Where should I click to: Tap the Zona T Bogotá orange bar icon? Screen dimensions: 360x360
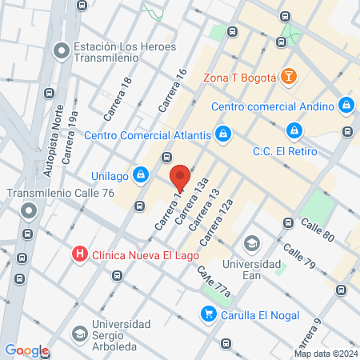tap(289, 77)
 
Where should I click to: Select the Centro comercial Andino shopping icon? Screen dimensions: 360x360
tap(346, 105)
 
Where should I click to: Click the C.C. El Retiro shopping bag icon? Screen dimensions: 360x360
tap(294, 130)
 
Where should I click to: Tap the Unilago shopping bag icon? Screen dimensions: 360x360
tap(141, 173)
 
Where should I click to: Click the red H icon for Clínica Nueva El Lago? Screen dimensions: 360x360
tap(80, 255)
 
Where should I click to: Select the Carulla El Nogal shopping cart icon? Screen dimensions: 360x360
tap(209, 314)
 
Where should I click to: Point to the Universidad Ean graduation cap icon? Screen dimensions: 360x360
tap(252, 243)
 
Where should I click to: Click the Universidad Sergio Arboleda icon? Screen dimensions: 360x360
tap(80, 333)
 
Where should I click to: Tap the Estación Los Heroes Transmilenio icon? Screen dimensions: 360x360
tap(60, 51)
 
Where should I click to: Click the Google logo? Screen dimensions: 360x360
tap(26, 350)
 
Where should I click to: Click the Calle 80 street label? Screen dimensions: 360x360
tap(317, 230)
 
